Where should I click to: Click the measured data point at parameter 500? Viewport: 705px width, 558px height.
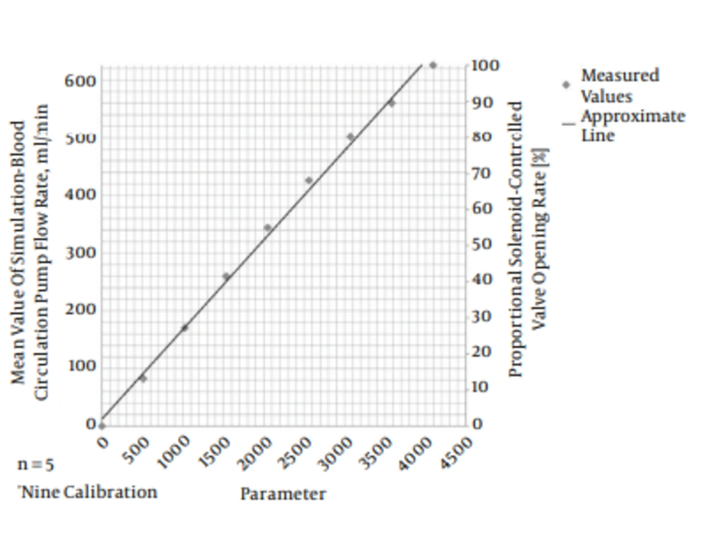coord(143,378)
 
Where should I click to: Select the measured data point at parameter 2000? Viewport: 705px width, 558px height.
coord(267,228)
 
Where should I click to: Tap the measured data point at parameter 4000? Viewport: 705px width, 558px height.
coord(433,65)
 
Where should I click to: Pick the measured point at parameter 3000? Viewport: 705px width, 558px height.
coord(350,137)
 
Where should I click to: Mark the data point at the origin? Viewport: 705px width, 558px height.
coord(102,426)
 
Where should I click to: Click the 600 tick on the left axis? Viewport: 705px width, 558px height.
coord(81,81)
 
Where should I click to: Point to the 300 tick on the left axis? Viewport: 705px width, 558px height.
coord(81,253)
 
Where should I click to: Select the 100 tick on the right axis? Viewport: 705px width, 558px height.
coord(486,66)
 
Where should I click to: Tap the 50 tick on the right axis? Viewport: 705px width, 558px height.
coord(482,244)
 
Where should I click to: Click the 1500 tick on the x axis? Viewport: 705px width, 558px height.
coord(216,449)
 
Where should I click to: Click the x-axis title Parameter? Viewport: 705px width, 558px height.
coord(283,494)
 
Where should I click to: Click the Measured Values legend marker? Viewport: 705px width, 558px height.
coord(565,85)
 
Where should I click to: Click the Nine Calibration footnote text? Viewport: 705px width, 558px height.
coord(88,492)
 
